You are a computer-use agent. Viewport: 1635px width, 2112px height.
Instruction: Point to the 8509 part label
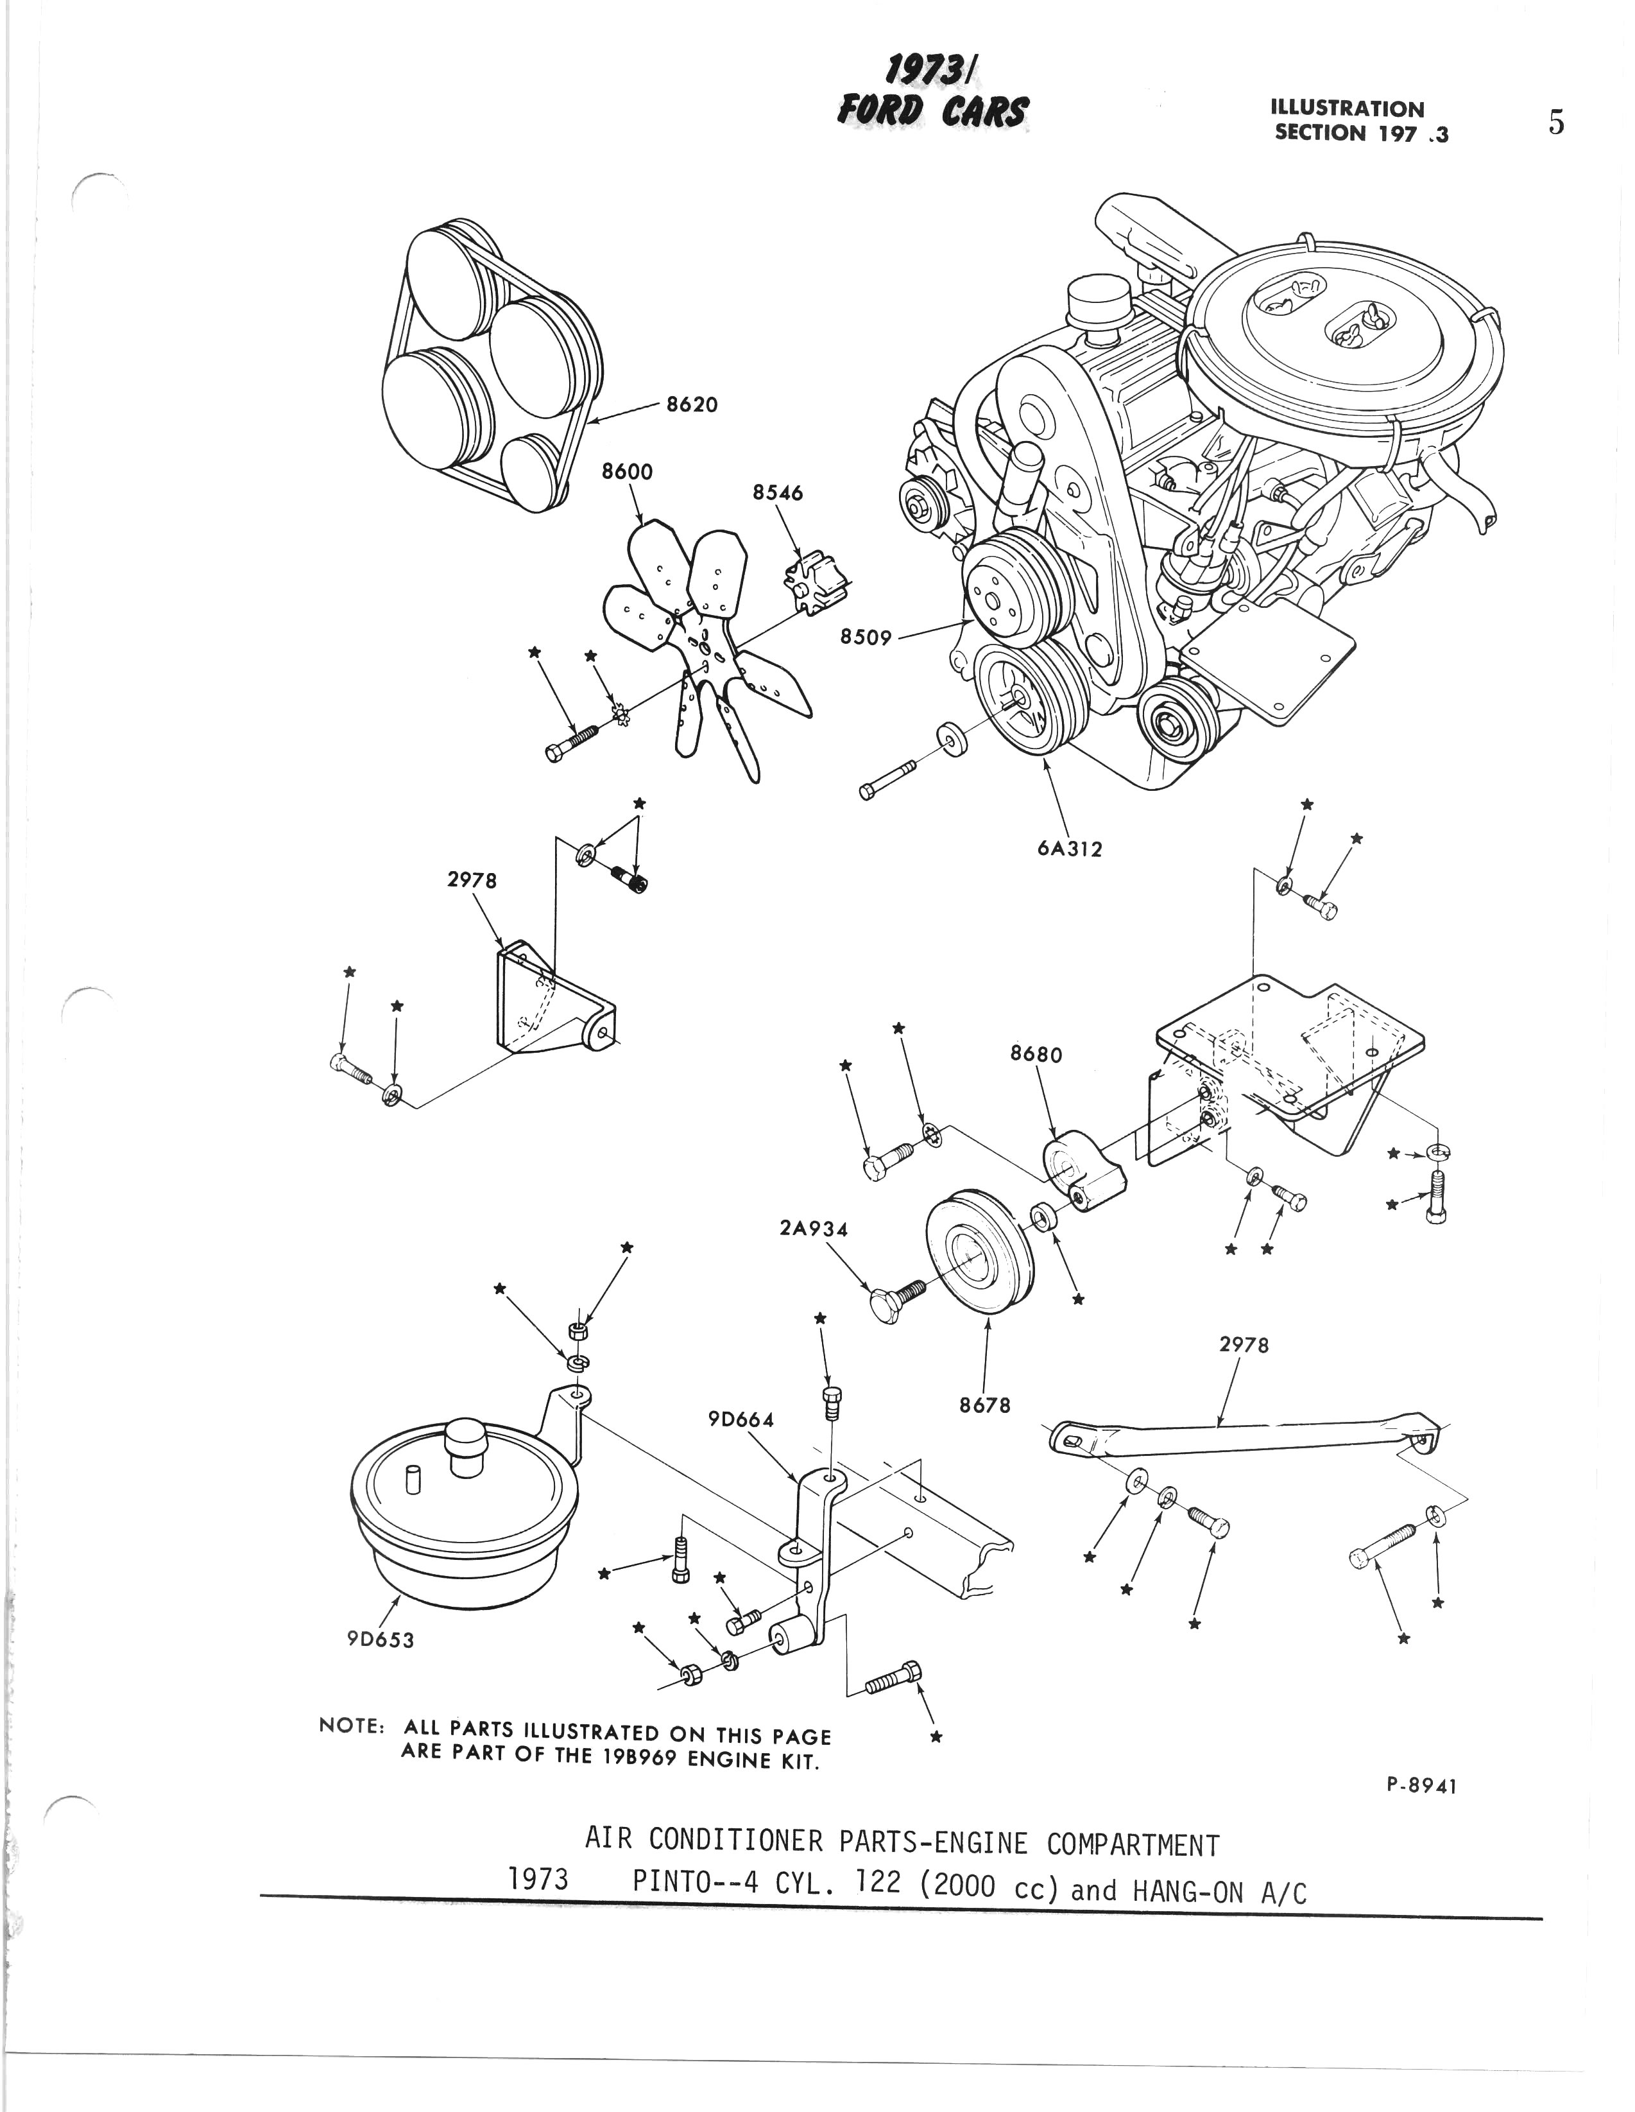click(x=866, y=638)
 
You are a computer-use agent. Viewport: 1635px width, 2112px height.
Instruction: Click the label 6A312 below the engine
click(x=1070, y=849)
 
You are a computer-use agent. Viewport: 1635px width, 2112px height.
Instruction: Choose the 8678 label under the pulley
click(x=984, y=1405)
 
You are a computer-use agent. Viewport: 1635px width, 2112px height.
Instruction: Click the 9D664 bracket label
click(x=742, y=1419)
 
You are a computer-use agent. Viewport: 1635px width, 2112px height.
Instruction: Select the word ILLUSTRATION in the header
click(x=1347, y=109)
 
